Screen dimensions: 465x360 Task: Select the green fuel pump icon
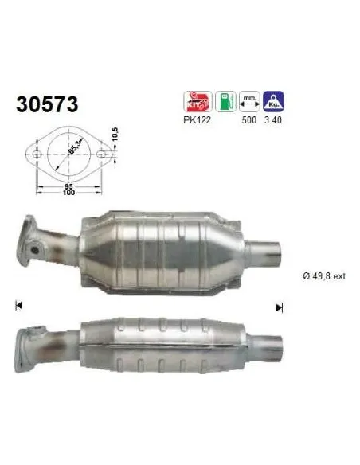225,102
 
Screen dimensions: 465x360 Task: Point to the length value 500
248,119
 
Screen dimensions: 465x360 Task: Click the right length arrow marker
280,307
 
